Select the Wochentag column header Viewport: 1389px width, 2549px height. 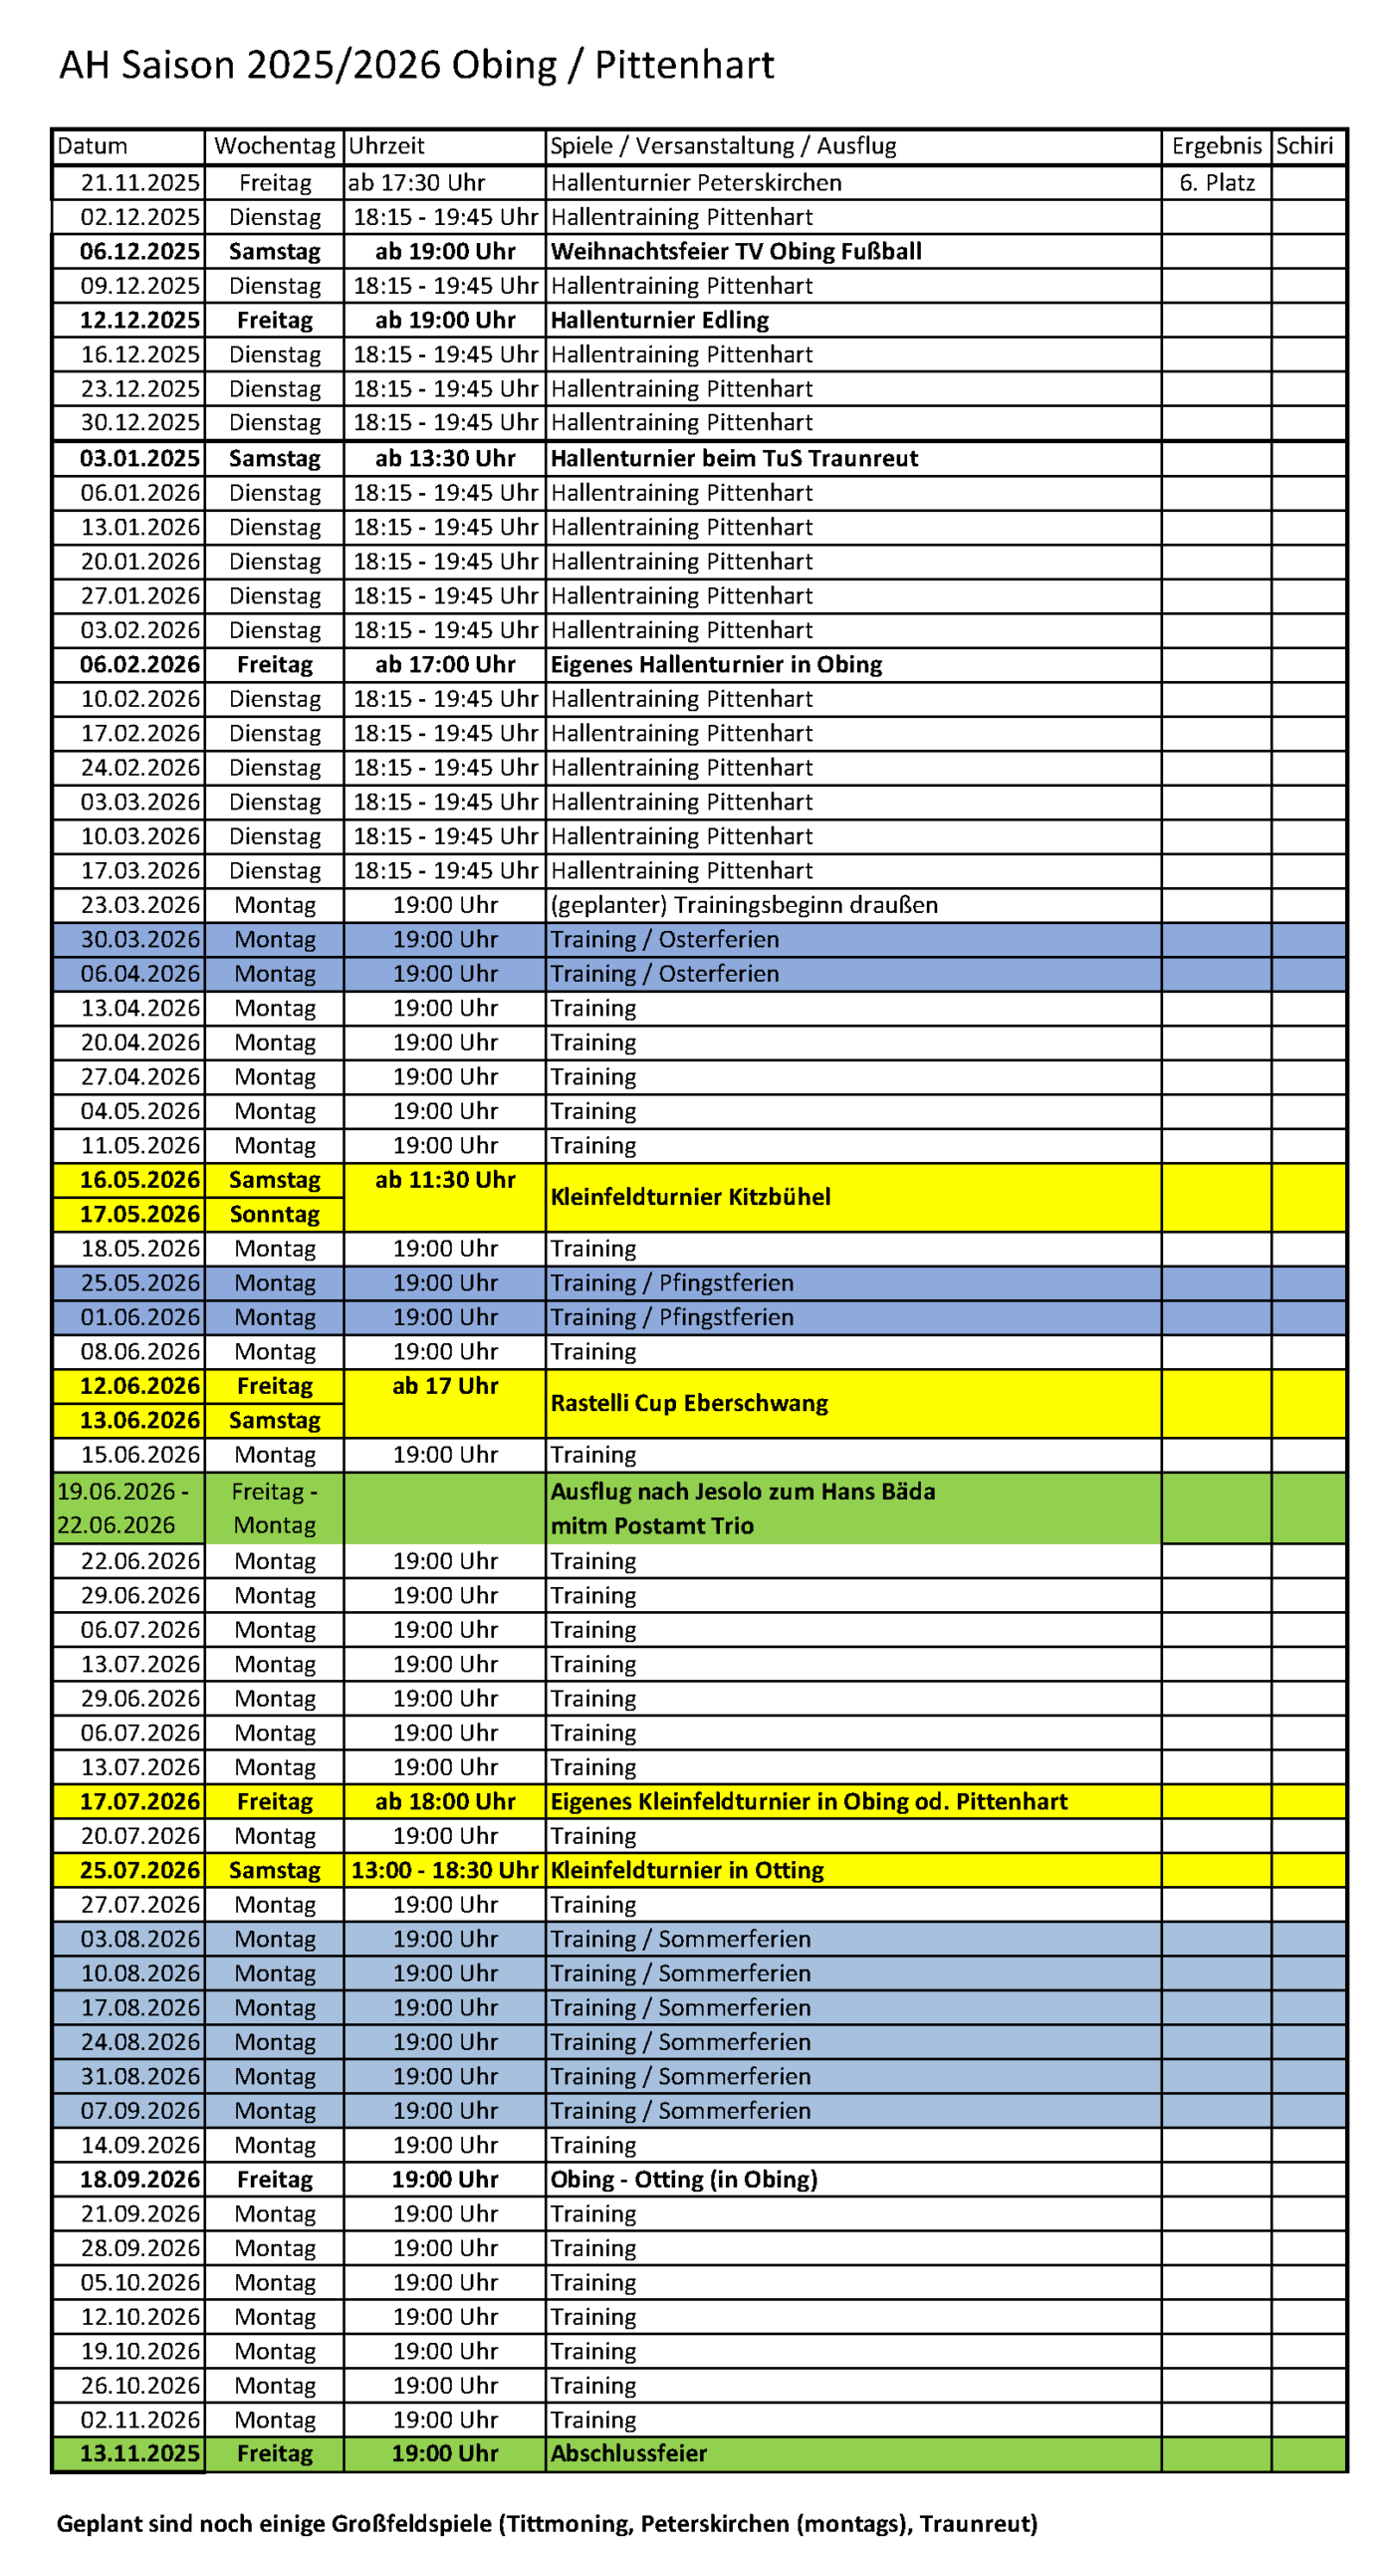(274, 146)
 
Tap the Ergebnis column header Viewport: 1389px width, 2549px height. (1216, 146)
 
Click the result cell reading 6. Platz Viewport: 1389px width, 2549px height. (1216, 183)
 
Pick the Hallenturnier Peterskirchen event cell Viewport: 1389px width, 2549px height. (696, 183)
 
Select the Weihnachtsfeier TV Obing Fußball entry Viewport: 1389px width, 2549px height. (736, 252)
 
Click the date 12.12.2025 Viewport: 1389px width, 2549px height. (139, 321)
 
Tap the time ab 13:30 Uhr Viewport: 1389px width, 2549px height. (444, 459)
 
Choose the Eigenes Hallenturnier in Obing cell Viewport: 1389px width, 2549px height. (716, 665)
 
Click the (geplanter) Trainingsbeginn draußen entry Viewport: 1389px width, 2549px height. (744, 905)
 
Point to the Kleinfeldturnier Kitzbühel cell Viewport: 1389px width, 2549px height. (690, 1197)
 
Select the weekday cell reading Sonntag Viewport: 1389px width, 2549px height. (274, 1215)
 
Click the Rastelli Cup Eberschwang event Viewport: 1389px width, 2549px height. (689, 1403)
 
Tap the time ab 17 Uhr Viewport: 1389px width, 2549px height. (444, 1386)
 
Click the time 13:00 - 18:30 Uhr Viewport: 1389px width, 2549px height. (444, 1870)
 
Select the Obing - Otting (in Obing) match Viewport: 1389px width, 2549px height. (683, 2180)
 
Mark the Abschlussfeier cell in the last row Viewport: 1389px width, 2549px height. (628, 2453)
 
